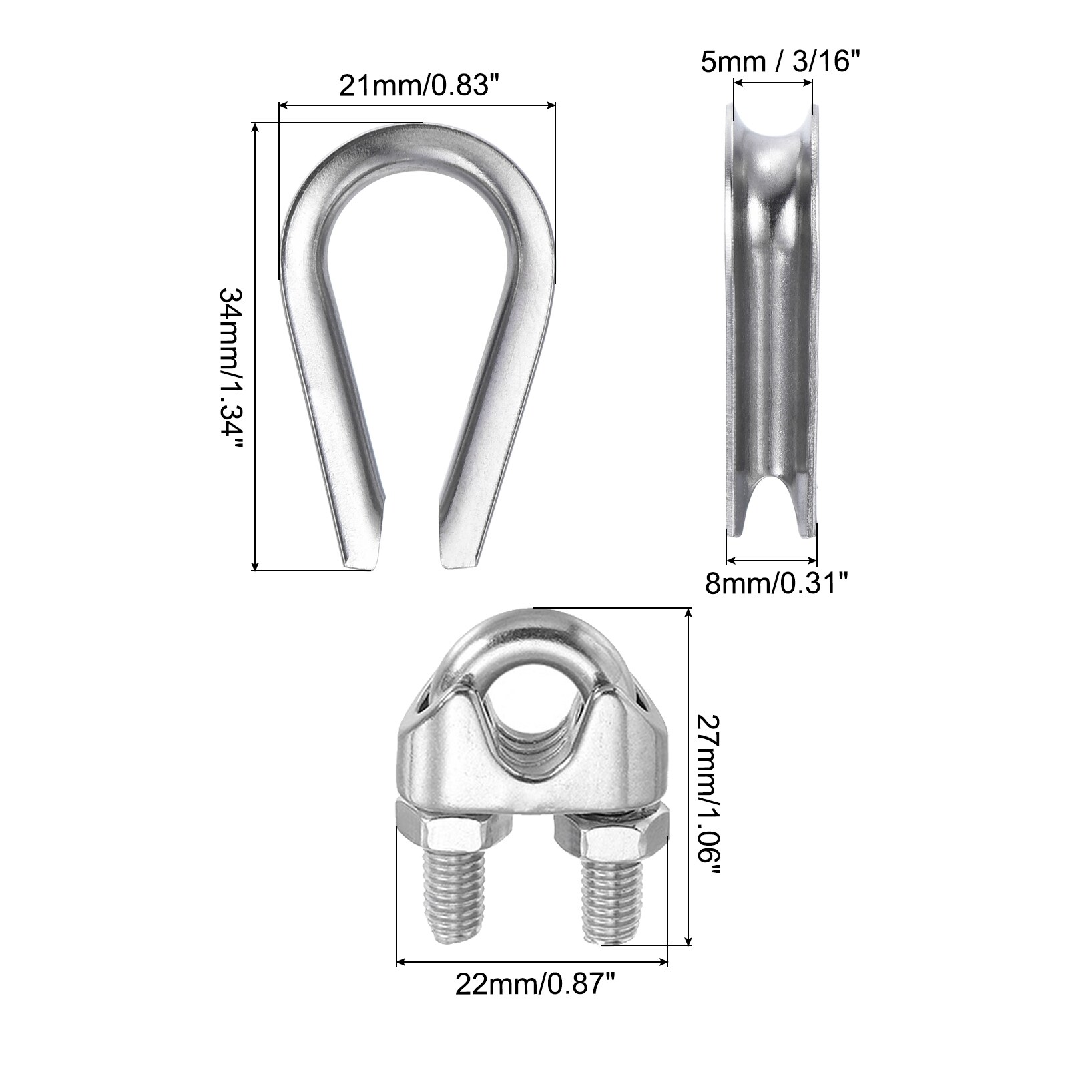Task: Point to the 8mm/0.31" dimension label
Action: click(777, 585)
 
